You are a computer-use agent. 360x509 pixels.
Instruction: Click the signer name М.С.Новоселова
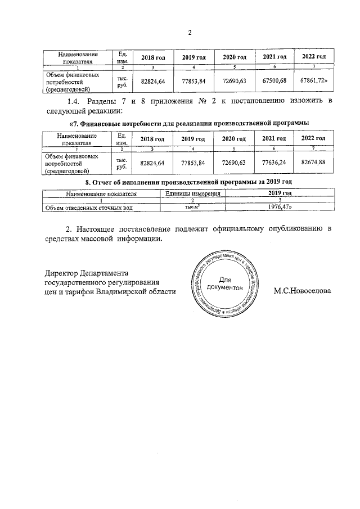(303, 291)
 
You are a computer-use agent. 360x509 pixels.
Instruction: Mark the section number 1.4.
(74, 101)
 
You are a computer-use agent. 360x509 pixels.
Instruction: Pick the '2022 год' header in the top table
(313, 57)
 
